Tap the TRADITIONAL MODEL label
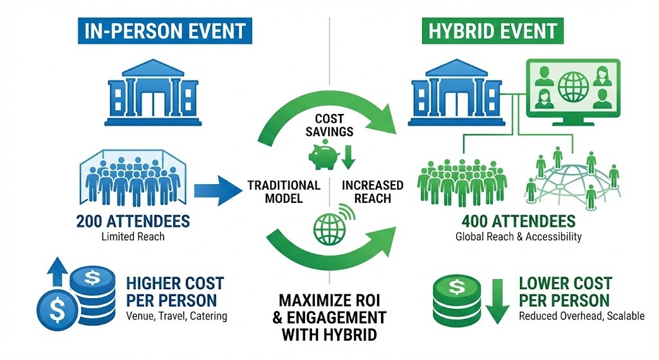[284, 191]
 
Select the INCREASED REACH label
[373, 191]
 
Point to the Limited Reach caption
[133, 237]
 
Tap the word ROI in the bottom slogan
[371, 300]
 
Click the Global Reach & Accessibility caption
[518, 236]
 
